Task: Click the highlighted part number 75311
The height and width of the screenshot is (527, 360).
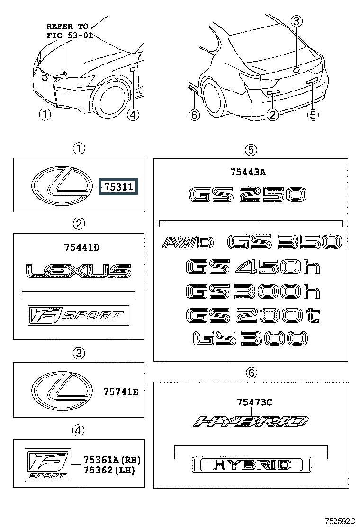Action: (117, 187)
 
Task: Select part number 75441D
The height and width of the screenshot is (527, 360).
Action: (81, 247)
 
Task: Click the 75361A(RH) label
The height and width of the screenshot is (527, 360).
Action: (112, 460)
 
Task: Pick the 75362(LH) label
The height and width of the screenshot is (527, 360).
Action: (109, 470)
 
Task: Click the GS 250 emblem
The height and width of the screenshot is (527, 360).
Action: (247, 194)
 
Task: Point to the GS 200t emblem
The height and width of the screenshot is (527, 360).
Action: (252, 315)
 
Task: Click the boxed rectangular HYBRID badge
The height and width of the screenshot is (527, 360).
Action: (252, 464)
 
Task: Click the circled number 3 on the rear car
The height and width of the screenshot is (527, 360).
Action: (296, 21)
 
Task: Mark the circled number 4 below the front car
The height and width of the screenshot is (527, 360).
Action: (133, 114)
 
